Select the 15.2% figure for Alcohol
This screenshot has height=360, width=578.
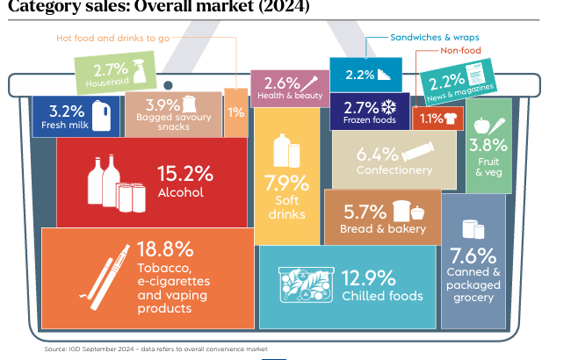[x=184, y=173]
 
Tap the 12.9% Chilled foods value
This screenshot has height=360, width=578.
[x=368, y=277]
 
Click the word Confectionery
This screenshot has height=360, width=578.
[x=394, y=170]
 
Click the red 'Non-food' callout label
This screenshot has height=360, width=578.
[x=457, y=51]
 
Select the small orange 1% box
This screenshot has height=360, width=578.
[x=235, y=112]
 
